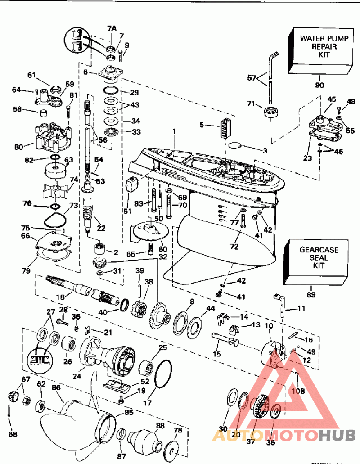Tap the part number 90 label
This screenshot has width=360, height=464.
click(319, 85)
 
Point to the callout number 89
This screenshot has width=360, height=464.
click(310, 295)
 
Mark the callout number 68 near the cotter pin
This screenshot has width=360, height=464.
click(13, 434)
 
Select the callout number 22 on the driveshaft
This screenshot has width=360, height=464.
click(101, 228)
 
